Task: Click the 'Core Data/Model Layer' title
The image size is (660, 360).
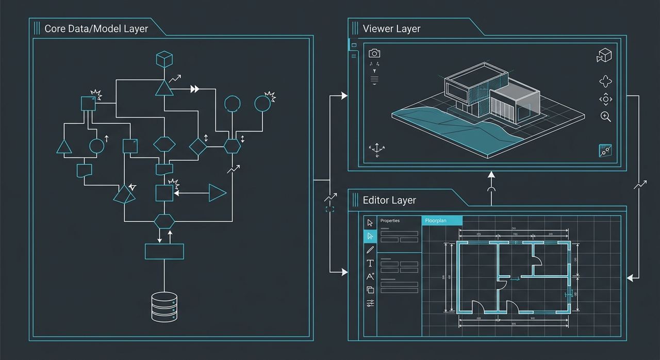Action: (96, 29)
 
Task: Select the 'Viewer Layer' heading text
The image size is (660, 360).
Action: (391, 29)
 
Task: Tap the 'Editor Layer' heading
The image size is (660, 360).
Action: (389, 200)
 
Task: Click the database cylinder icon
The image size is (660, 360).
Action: (164, 306)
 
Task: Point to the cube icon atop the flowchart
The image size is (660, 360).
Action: (164, 59)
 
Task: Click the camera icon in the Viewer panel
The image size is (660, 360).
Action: (374, 53)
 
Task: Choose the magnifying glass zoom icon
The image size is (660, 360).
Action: (605, 116)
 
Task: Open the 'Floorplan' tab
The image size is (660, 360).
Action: (442, 221)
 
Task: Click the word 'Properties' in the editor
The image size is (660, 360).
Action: (390, 221)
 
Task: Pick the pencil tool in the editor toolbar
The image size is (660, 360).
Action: (370, 250)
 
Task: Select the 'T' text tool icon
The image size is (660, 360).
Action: (370, 263)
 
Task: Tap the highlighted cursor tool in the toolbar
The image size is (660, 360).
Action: (370, 236)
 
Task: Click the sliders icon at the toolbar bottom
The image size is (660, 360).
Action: (370, 303)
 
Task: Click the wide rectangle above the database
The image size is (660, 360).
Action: (164, 251)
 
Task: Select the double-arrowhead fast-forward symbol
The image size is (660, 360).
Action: (194, 89)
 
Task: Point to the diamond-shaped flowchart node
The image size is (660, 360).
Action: (197, 146)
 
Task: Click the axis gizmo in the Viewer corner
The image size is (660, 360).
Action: (376, 149)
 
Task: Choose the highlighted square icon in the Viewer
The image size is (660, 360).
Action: (605, 150)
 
